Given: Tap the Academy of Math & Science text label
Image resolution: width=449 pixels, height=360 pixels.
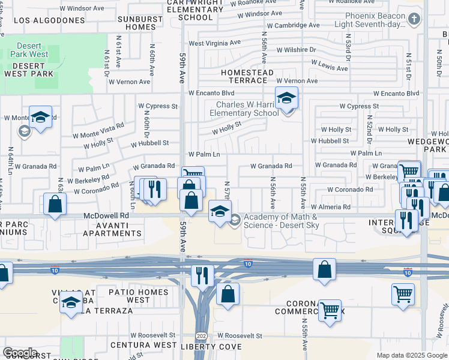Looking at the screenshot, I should (x=281, y=221).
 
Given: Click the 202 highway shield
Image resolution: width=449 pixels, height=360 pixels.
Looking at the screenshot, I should (x=201, y=335).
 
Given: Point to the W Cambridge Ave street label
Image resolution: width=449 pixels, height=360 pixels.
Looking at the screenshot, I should (x=293, y=25).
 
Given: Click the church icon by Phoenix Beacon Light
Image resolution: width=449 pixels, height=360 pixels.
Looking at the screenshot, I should (x=414, y=19).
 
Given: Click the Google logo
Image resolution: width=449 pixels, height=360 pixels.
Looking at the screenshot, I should (x=20, y=353).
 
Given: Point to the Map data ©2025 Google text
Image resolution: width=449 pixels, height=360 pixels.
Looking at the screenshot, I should (x=411, y=355).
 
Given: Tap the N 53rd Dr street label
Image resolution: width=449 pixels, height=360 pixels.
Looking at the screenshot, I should (x=348, y=47).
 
